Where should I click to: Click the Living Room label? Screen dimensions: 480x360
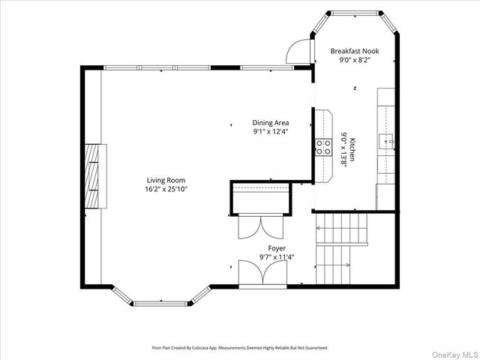tap(166, 180)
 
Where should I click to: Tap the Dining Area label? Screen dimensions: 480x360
tap(271, 123)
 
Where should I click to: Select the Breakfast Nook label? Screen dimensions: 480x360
tap(355, 51)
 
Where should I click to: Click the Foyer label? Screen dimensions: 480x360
tap(277, 248)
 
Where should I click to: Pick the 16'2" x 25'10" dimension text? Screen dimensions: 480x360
tap(166, 189)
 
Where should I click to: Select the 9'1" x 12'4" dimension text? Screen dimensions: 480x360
tap(271, 132)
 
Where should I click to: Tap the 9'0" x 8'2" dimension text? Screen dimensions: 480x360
tap(355, 60)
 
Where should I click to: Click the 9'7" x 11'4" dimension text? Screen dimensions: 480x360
tap(277, 257)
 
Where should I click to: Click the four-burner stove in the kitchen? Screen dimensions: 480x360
tap(323, 147)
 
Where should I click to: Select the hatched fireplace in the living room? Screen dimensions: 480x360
tap(91, 176)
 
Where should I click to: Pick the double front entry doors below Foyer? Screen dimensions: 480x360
tap(262, 272)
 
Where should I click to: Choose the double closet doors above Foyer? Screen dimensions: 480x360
tap(261, 227)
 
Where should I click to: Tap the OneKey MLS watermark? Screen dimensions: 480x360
tap(455, 355)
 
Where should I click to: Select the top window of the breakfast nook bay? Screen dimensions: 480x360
tap(355, 13)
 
